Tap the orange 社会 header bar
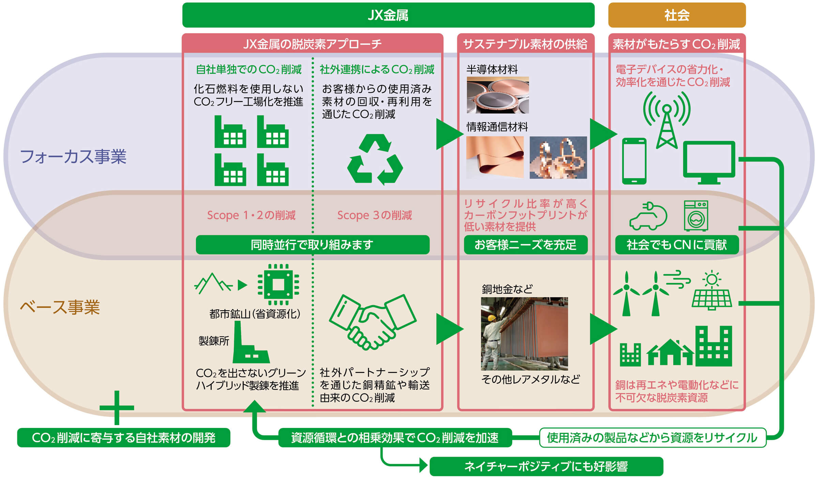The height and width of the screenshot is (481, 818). coord(677,15)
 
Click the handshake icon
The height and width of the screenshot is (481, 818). coord(373,322)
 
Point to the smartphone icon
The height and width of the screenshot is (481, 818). coord(634,161)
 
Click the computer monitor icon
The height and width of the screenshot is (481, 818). coord(709,162)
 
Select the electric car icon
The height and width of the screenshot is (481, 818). coord(648,216)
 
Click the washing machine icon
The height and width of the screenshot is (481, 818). coord(696,216)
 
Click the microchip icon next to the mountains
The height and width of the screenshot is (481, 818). coord(278,284)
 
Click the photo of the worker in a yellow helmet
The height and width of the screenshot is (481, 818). coord(524,333)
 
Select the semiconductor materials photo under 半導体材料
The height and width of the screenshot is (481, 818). coord(498,95)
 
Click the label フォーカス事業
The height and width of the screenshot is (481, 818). coord(73,157)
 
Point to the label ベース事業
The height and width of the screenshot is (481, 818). coord(60,307)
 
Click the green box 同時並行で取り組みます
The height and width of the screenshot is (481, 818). coord(312,245)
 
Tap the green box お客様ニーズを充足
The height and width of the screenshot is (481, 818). coord(526,245)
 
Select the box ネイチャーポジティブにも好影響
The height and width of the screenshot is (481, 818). coord(546,466)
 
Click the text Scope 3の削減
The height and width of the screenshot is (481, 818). coord(374,215)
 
